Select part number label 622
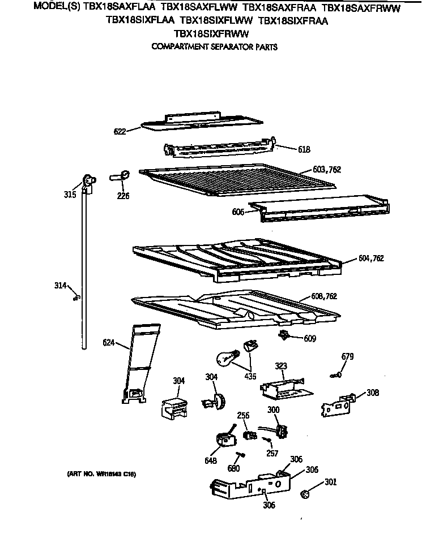[x=119, y=131]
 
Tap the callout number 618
[x=304, y=150]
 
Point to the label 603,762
[x=327, y=170]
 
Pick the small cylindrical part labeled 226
[x=122, y=176]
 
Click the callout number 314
[x=60, y=286]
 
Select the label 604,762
[x=371, y=258]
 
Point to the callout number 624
[x=109, y=342]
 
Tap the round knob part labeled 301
[x=306, y=494]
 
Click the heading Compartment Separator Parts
[x=214, y=48]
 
